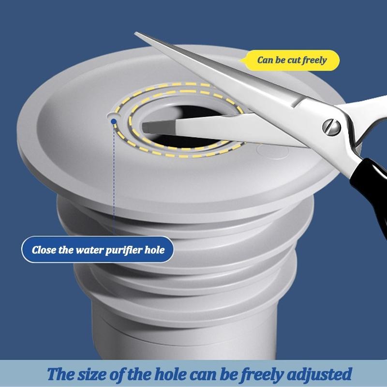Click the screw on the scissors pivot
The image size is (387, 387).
point(331,127)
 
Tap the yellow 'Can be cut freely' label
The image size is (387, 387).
point(291,60)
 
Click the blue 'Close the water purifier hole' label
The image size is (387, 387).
point(98,250)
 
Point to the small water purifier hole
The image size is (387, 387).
point(112,117)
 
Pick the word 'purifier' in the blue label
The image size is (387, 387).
point(125,251)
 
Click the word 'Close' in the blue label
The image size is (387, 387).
point(45,250)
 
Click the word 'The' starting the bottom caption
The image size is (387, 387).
point(59,374)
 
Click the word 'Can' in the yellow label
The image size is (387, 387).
point(266,60)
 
